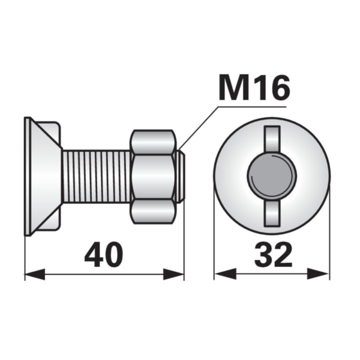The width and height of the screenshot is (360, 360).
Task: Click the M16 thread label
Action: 254,87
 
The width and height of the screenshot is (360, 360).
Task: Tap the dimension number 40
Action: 104,254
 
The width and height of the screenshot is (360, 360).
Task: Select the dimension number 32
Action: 273,254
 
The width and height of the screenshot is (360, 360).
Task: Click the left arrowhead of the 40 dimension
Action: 35,274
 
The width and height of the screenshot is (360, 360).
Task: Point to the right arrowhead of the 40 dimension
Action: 173,274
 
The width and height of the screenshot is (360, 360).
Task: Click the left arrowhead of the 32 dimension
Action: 225,274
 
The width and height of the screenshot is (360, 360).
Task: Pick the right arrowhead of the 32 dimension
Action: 318,274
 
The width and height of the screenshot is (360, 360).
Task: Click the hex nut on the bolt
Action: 153,177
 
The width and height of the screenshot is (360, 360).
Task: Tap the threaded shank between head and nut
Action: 97,176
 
